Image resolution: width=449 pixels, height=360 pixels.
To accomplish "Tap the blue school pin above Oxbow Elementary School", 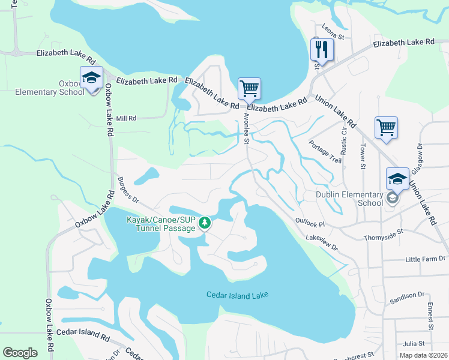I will coord(91,78).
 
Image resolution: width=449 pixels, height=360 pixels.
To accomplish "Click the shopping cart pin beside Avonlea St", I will coord(249,89).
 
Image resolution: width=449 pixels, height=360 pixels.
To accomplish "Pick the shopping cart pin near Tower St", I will coord(386,127).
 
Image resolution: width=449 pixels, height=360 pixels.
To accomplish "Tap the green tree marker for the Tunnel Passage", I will coord(205,223).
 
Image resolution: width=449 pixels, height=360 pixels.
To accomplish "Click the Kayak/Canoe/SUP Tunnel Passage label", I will coord(160,224).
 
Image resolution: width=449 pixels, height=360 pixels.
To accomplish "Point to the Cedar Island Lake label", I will coord(237,295).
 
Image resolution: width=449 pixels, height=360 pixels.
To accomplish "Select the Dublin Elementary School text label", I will coord(349,199).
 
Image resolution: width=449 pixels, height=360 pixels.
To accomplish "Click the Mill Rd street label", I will coord(126,119).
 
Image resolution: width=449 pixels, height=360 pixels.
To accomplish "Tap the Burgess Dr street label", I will coord(128,190).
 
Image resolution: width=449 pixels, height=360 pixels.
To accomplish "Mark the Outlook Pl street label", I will coord(310,223).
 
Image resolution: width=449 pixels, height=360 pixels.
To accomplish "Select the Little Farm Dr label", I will coord(425,259).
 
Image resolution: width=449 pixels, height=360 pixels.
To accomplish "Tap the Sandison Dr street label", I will coord(406,295).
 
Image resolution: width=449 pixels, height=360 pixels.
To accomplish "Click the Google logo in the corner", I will coord(20,353).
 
